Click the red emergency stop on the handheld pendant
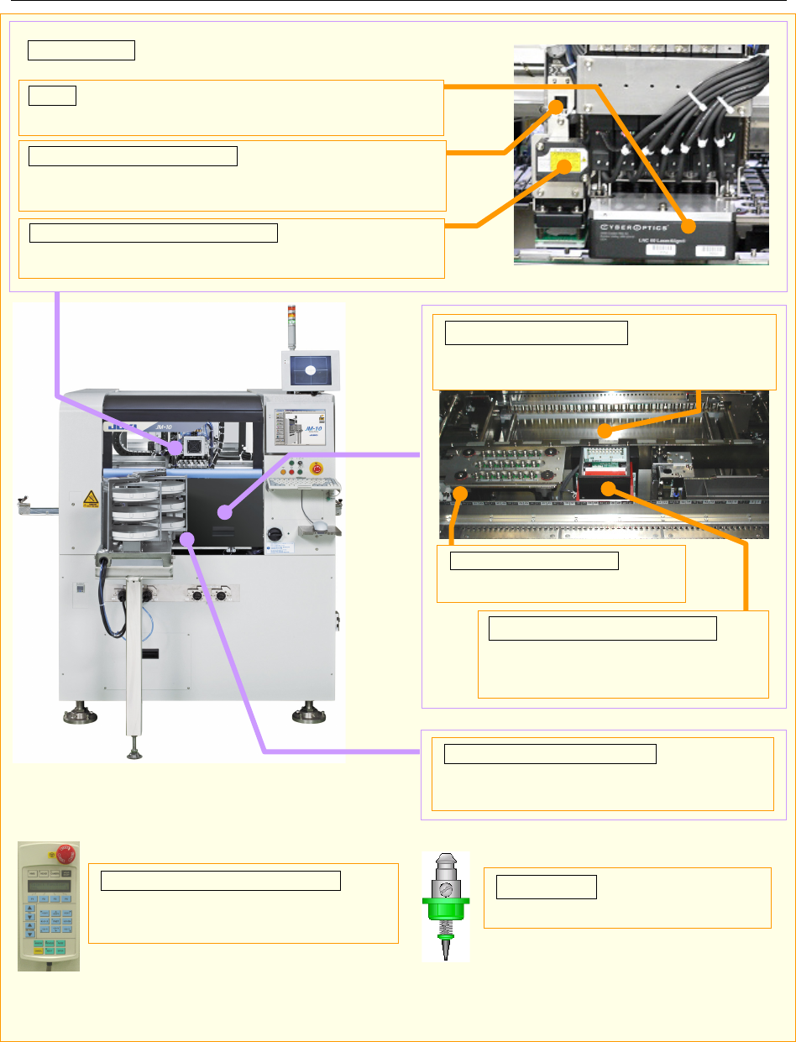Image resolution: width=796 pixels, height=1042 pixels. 65,856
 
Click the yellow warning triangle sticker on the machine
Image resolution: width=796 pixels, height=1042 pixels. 89,501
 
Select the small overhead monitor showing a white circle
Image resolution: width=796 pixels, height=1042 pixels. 310,369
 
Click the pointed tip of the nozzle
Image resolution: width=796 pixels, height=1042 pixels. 444,954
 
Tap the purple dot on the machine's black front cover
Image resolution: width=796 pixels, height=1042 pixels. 223,511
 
